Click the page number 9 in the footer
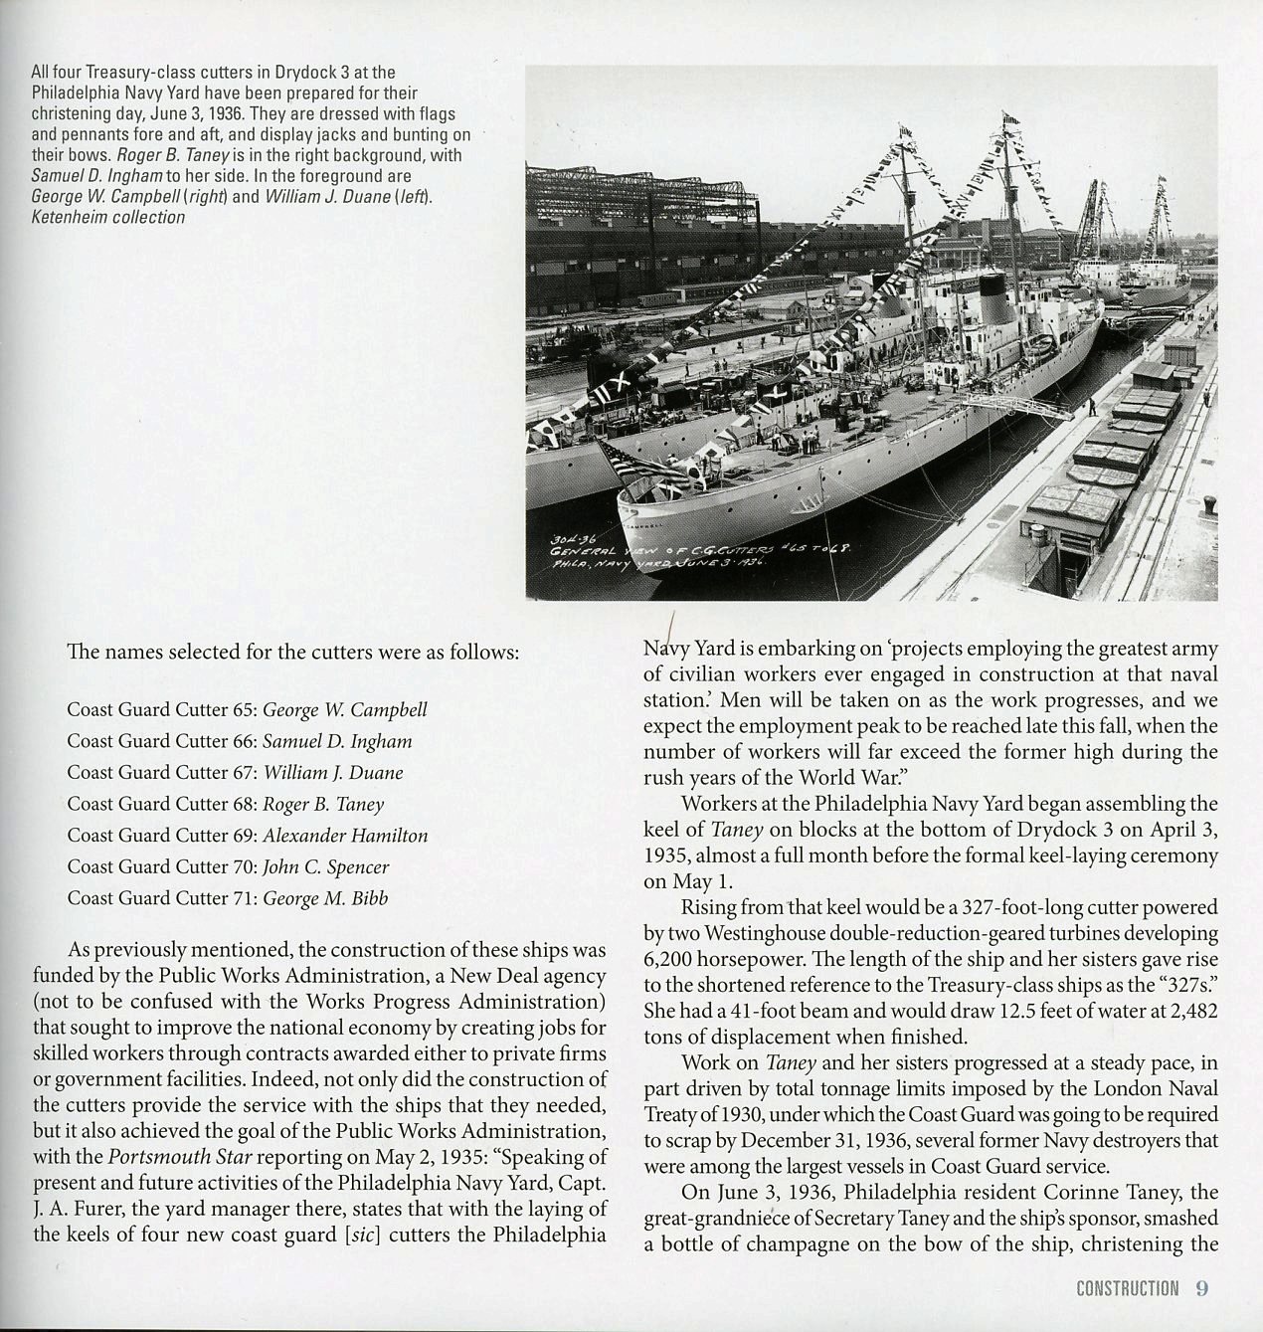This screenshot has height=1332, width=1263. point(1201,1288)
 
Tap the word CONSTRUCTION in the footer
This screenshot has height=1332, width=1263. point(1127,1289)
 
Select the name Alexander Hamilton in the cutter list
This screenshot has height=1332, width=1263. point(345,836)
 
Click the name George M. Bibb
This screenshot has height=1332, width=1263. point(325,898)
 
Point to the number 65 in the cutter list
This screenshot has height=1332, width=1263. point(246,710)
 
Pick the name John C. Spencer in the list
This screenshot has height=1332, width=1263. point(325,867)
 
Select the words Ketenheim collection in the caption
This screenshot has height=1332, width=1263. point(107,218)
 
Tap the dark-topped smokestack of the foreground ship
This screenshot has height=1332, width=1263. point(994,290)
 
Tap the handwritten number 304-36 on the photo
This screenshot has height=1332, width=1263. point(567,538)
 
